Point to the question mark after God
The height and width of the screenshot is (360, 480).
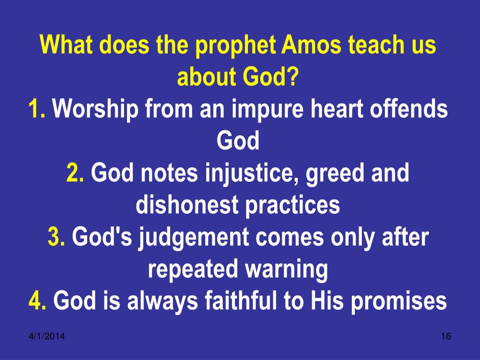tap(292, 76)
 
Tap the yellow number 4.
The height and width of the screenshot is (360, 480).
tap(37, 300)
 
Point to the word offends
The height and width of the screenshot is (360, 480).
tap(409, 108)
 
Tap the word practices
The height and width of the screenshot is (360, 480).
tap(292, 206)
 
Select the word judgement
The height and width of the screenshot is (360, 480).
tap(194, 239)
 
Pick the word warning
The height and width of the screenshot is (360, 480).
tap(286, 270)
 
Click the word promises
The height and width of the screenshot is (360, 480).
tap(398, 302)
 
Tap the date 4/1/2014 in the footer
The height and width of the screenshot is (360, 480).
tap(47, 336)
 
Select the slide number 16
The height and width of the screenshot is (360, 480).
tap(446, 336)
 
